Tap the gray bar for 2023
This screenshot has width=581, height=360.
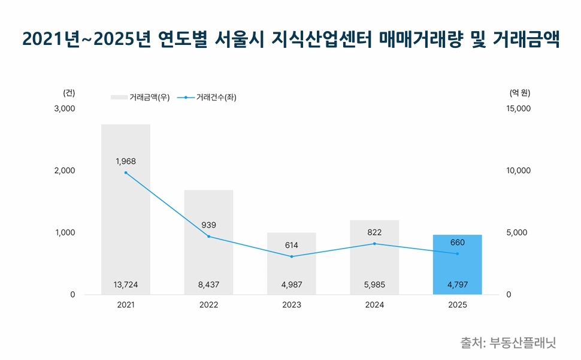[x=292, y=264]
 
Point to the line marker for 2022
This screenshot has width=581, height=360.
[x=208, y=236]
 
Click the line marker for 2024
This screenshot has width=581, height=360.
[x=374, y=244]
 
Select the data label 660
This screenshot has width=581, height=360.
[x=457, y=242]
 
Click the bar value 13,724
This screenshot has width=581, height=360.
[x=126, y=285]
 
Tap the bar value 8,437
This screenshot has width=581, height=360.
[x=208, y=285]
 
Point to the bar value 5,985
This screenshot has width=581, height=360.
[x=374, y=285]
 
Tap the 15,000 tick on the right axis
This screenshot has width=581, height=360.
[x=519, y=108]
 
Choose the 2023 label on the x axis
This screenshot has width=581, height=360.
[x=292, y=305]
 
